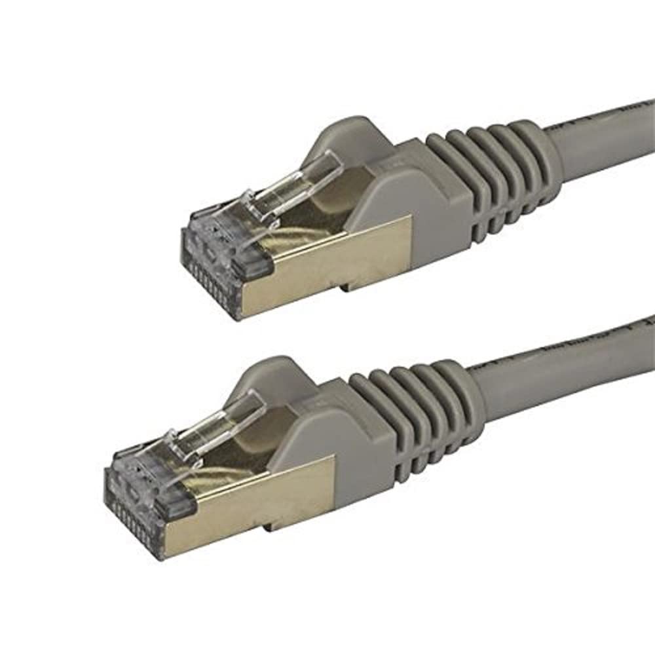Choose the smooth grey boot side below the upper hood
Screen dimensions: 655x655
coord(419,210)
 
